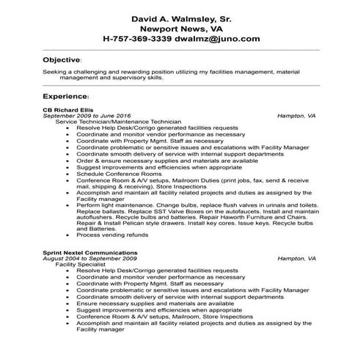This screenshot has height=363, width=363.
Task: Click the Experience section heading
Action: pos(65,96)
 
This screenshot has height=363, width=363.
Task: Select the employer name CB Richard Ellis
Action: pos(67,110)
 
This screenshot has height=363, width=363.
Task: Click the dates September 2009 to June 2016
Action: pos(87,116)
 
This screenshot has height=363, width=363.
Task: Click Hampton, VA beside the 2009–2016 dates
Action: pos(296,116)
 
